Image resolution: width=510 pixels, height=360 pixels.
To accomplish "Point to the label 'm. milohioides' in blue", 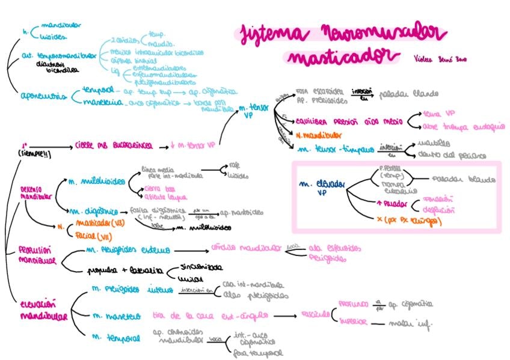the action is pyautogui.click(x=96, y=181).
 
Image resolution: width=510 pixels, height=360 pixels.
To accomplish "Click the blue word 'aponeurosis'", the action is pyautogui.click(x=41, y=96).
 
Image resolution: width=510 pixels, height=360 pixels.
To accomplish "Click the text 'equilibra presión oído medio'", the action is pyautogui.click(x=343, y=120).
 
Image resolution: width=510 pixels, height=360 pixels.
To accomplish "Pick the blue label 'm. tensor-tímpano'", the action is pyautogui.click(x=334, y=148).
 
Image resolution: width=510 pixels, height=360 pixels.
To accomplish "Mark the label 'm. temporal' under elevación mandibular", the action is pyautogui.click(x=117, y=339).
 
